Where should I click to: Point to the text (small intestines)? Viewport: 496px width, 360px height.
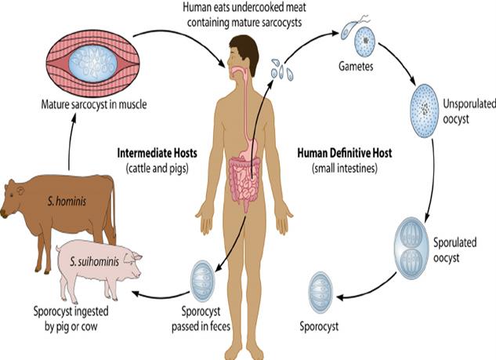343,168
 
